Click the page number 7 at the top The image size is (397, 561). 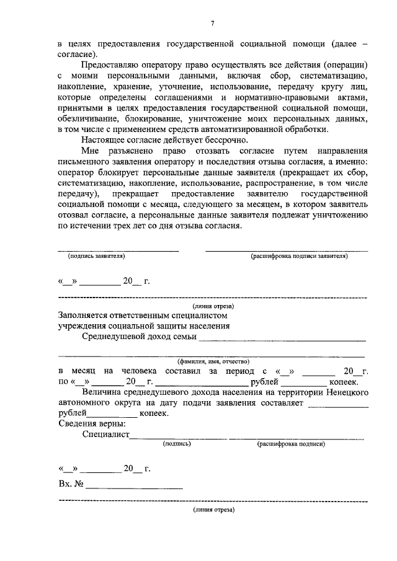click(x=211, y=24)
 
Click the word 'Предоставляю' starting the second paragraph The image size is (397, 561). click(x=110, y=65)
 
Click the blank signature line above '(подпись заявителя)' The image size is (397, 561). click(x=118, y=249)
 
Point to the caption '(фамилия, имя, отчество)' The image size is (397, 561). click(x=213, y=360)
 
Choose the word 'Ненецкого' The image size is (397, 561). click(x=348, y=392)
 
